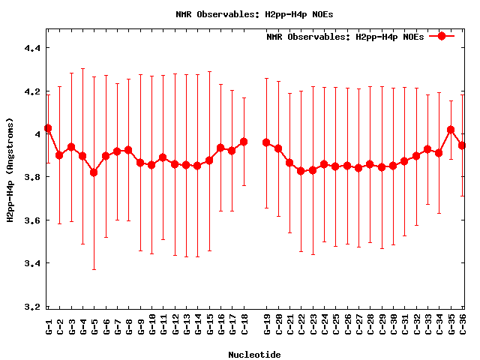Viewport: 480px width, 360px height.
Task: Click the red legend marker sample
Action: [x=442, y=36]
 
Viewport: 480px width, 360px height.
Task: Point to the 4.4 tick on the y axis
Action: [x=33, y=48]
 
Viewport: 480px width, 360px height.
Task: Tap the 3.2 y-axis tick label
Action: [x=33, y=307]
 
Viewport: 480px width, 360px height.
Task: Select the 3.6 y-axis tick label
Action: [x=33, y=220]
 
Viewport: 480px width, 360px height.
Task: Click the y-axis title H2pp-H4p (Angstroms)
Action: [x=10, y=169]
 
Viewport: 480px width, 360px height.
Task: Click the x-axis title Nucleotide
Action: [x=255, y=355]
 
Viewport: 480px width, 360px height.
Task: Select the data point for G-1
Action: [x=48, y=128]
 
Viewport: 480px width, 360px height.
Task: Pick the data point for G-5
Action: [x=94, y=172]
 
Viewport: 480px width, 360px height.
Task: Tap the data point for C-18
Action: [x=244, y=142]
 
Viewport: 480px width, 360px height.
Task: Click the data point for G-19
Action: [x=266, y=142]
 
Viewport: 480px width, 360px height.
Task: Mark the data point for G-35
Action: [x=451, y=130]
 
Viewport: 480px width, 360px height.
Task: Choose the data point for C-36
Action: [x=462, y=145]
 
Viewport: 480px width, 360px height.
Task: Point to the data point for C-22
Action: [x=301, y=171]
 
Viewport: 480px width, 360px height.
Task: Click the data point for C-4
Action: [x=82, y=156]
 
